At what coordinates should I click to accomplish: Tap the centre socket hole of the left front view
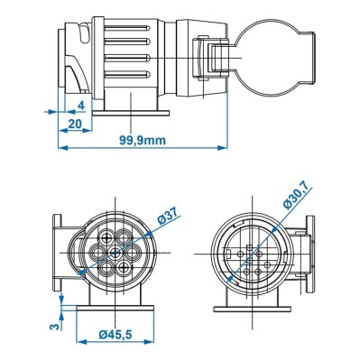(113, 255)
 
